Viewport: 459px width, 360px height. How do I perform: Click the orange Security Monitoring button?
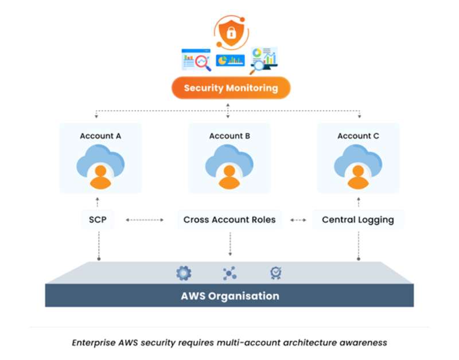click(231, 88)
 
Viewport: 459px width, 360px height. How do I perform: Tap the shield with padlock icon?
click(231, 32)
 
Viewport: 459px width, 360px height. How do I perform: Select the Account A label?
click(100, 136)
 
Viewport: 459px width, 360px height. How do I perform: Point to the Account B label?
click(229, 136)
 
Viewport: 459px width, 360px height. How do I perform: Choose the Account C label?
click(358, 136)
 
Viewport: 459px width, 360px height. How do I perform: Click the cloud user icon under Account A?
click(100, 167)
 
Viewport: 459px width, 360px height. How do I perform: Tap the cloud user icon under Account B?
click(229, 167)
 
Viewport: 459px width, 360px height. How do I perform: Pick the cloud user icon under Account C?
click(358, 167)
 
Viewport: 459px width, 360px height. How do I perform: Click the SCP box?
click(98, 220)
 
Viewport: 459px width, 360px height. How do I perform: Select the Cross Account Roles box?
click(229, 220)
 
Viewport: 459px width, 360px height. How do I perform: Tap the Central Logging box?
click(358, 220)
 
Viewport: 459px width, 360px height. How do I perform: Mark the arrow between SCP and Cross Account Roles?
click(144, 220)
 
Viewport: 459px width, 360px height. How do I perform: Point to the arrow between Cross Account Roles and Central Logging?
click(298, 220)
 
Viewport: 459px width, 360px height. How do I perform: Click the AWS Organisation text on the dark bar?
click(230, 296)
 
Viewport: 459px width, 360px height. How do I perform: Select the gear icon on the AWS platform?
click(184, 273)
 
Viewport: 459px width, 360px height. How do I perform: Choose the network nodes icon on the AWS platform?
click(230, 273)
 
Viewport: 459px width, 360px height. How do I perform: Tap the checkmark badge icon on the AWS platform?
click(276, 273)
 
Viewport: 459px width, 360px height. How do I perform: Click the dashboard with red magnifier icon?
click(196, 60)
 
